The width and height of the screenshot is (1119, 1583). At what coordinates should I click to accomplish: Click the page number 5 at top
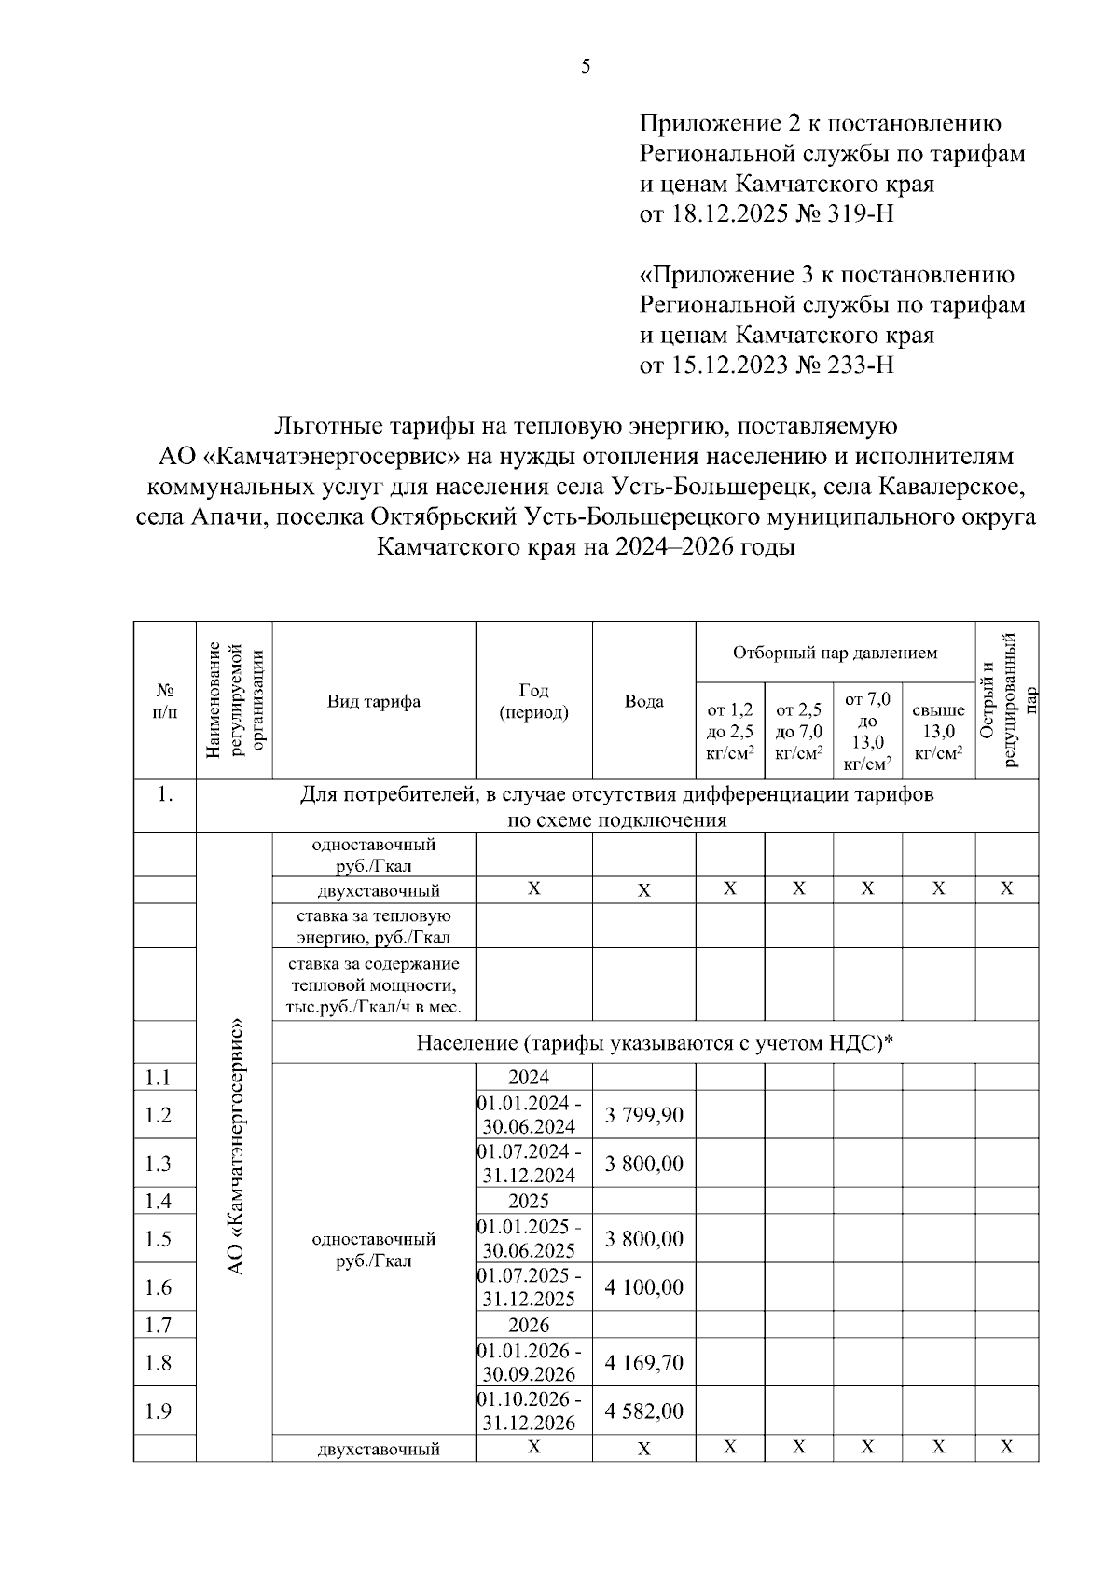586,66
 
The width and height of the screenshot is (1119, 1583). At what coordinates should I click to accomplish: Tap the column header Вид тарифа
373,702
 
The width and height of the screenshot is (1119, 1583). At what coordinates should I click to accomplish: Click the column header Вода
643,702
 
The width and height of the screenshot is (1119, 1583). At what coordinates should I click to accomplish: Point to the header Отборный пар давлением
835,653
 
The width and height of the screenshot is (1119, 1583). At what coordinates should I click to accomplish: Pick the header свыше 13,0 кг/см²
938,732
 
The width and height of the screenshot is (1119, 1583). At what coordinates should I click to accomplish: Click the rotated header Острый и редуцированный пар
1007,699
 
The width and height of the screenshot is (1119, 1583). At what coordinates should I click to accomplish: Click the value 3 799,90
643,1115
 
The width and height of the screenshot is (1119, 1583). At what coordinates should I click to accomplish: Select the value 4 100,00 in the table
643,1287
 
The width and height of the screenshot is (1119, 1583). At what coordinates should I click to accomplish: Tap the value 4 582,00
643,1411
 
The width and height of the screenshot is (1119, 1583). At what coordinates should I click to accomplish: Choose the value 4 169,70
643,1363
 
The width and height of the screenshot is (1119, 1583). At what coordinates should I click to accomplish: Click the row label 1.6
159,1287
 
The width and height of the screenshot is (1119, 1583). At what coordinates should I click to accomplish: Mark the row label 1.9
159,1411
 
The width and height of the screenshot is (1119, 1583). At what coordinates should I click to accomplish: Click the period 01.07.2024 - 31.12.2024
529,1163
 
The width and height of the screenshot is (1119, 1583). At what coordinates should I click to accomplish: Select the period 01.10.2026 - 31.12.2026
529,1411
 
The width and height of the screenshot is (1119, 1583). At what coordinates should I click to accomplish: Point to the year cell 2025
529,1201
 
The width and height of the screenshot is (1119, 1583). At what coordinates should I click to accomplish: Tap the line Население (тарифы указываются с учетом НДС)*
655,1043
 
